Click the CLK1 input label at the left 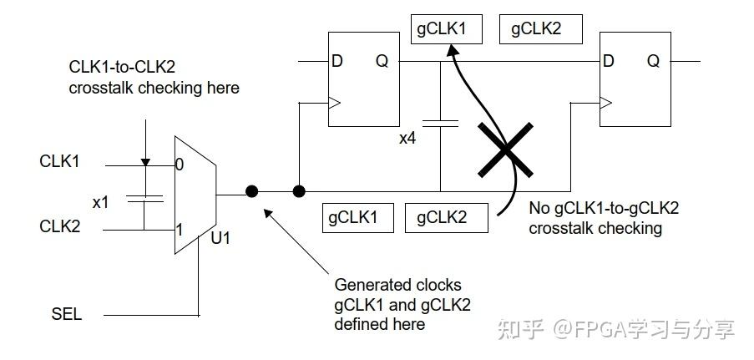(59, 160)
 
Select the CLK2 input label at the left (59, 226)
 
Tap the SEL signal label (67, 314)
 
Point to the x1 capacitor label (101, 202)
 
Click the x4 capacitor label (408, 138)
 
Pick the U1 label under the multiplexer (221, 238)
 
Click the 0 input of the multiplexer (180, 165)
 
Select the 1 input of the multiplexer (180, 228)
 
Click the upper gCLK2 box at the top (535, 29)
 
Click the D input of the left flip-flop (337, 61)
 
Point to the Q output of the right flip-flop (652, 61)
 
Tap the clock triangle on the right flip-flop (605, 104)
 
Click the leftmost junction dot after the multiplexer (251, 191)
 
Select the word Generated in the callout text (370, 284)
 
